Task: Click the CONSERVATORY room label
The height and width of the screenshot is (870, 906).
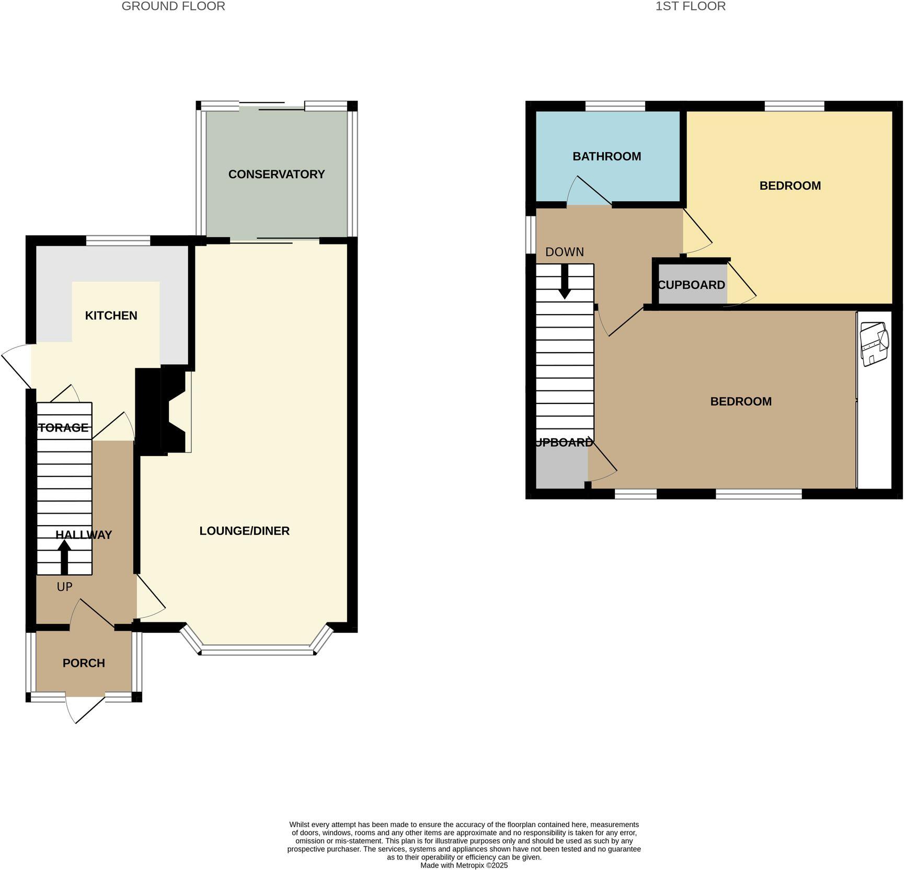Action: pyautogui.click(x=276, y=175)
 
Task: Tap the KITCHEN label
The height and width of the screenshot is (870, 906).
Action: pyautogui.click(x=111, y=316)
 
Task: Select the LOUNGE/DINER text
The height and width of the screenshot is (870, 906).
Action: pyautogui.click(x=244, y=531)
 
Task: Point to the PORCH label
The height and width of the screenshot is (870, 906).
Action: pyautogui.click(x=84, y=663)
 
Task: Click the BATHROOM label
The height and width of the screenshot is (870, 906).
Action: pyautogui.click(x=606, y=156)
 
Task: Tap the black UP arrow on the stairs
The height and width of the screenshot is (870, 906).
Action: pyautogui.click(x=64, y=556)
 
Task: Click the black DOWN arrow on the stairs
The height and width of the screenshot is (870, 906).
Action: pyautogui.click(x=565, y=282)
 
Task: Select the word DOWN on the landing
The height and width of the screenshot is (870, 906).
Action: pyautogui.click(x=564, y=252)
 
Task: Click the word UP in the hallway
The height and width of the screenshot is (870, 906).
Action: pyautogui.click(x=64, y=587)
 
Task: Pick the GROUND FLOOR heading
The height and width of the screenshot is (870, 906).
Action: pyautogui.click(x=173, y=6)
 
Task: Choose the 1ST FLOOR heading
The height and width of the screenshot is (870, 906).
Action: pyautogui.click(x=690, y=6)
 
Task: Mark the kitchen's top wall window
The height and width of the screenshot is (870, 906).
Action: pyautogui.click(x=118, y=240)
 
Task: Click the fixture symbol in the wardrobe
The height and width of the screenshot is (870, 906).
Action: pyautogui.click(x=874, y=344)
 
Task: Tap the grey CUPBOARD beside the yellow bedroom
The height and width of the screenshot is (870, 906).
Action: pyautogui.click(x=691, y=285)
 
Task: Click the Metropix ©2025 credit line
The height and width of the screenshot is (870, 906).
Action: pyautogui.click(x=464, y=865)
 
